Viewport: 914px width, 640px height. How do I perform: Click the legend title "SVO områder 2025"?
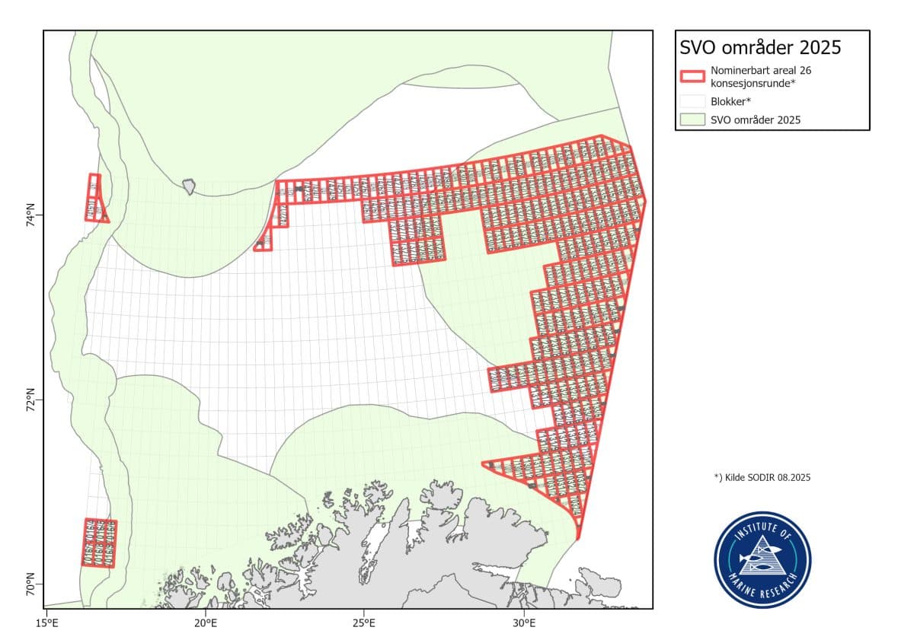[759, 47]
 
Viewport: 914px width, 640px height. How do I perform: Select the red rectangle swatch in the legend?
[692, 75]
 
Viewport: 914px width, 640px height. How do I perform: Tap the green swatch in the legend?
[692, 119]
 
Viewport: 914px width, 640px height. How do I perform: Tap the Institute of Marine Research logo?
[762, 560]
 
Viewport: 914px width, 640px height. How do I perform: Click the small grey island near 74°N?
[188, 186]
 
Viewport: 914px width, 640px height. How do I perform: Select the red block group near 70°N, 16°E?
[99, 543]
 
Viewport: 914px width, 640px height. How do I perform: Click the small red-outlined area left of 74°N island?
[95, 199]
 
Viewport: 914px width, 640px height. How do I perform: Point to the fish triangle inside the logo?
[762, 559]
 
